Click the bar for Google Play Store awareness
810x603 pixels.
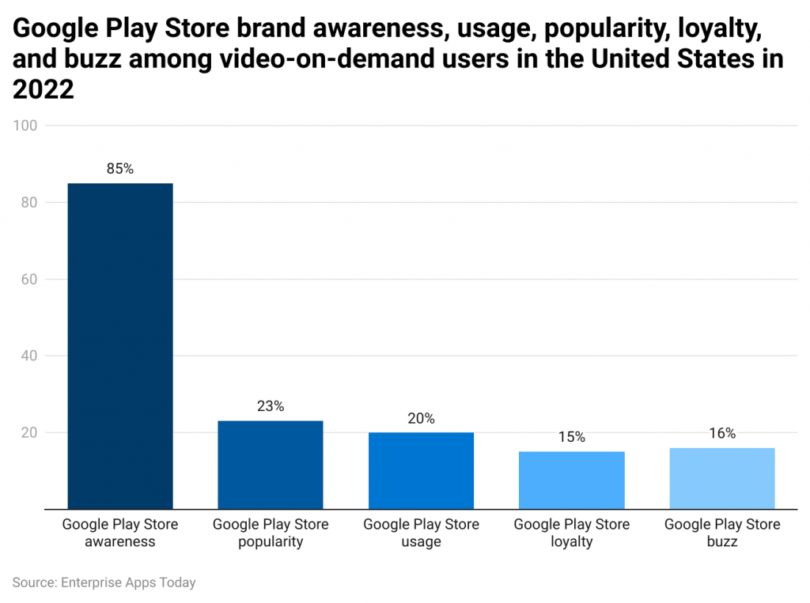point(120,345)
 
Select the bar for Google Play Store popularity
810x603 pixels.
point(271,464)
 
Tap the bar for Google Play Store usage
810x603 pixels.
point(421,470)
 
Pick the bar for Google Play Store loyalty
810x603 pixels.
point(571,480)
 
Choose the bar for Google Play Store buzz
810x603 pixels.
point(721,477)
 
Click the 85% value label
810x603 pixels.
point(120,168)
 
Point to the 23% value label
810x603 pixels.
point(271,406)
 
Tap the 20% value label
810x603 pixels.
point(421,418)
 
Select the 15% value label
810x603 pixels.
point(571,437)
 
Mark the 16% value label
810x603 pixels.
point(721,433)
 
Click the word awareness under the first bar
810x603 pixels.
point(120,542)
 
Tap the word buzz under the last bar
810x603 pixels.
point(721,542)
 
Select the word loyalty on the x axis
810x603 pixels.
point(571,542)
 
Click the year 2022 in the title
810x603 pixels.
point(44,89)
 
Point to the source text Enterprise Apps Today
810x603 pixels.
point(127,582)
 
